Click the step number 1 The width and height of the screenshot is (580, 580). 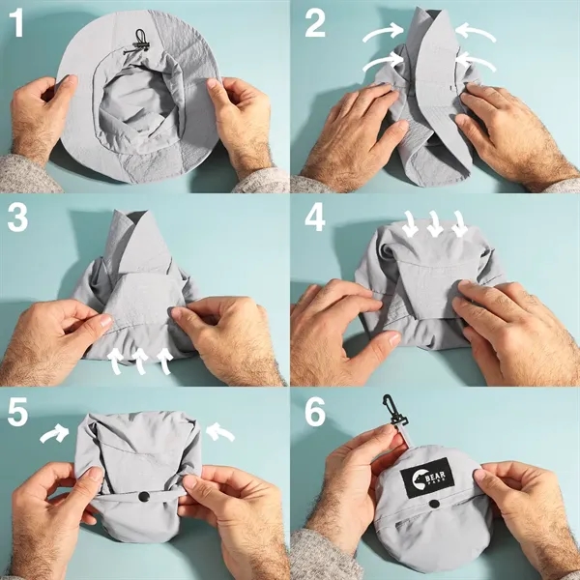point(18,24)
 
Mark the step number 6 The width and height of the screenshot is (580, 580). point(314,413)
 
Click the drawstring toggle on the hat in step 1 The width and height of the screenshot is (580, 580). point(141,40)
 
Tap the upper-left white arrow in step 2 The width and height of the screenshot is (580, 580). point(381,35)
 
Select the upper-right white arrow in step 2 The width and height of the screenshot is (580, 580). point(476,34)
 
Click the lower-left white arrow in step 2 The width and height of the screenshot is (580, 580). point(380,64)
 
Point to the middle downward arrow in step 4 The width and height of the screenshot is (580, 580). point(436,226)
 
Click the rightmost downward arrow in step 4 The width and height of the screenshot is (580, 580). point(459,226)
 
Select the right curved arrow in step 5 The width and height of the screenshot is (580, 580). point(221,432)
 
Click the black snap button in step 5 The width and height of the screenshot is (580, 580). point(141,497)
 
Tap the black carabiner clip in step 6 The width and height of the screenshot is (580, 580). point(394,410)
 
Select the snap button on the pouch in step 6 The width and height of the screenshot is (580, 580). point(434,504)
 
